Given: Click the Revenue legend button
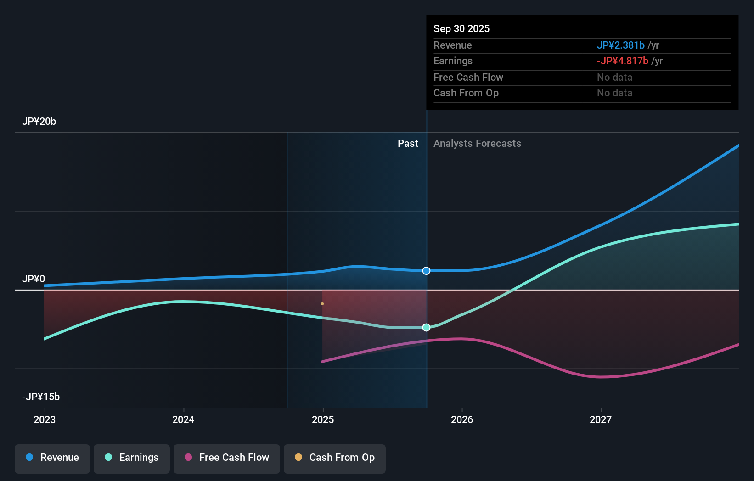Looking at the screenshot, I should click(x=52, y=458).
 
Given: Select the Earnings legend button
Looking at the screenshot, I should click(x=132, y=458).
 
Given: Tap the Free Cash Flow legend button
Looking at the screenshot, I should click(x=227, y=458).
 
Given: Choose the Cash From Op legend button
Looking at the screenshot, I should click(x=335, y=458).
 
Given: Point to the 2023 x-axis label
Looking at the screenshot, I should click(x=45, y=419).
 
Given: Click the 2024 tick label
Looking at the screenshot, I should click(x=183, y=419).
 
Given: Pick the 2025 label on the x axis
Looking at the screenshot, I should click(x=323, y=419).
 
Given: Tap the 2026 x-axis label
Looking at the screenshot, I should click(x=462, y=419).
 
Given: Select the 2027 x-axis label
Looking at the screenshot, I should click(x=601, y=419).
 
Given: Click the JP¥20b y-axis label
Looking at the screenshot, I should click(x=39, y=121).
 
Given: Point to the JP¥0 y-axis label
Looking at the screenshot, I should click(x=34, y=279).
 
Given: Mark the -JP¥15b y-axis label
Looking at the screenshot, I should click(x=41, y=397).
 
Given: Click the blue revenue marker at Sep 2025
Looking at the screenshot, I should click(x=427, y=271).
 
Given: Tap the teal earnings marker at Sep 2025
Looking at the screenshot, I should click(x=427, y=327).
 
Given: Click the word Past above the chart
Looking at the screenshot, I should click(x=408, y=143).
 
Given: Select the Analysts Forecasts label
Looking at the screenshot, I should click(x=477, y=143).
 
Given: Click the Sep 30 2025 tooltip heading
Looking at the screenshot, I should click(x=461, y=28).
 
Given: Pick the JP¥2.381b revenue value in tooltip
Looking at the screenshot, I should click(x=620, y=45).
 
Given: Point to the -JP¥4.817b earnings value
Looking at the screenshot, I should click(x=622, y=61).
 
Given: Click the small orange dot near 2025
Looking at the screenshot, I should click(x=322, y=304).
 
